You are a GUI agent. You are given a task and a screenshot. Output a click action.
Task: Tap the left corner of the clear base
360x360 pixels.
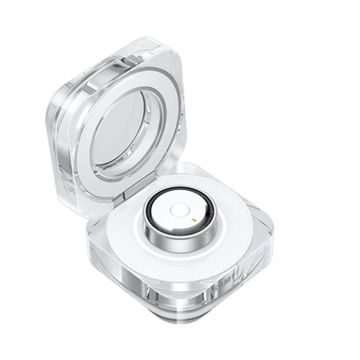[90, 250]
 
